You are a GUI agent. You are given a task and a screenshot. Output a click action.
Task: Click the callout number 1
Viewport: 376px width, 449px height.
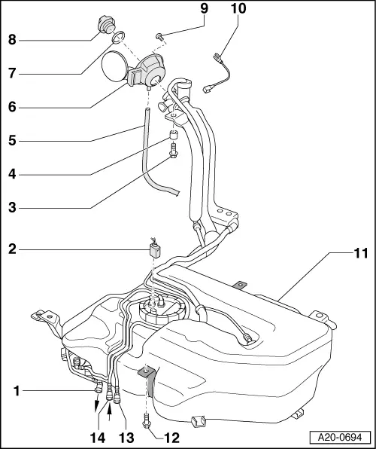(16, 391)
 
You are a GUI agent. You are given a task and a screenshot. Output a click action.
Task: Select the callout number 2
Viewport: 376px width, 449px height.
(12, 246)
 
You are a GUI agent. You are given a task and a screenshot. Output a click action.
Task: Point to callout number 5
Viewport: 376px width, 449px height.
(12, 140)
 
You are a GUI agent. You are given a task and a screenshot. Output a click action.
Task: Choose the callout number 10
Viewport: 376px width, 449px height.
(238, 10)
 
